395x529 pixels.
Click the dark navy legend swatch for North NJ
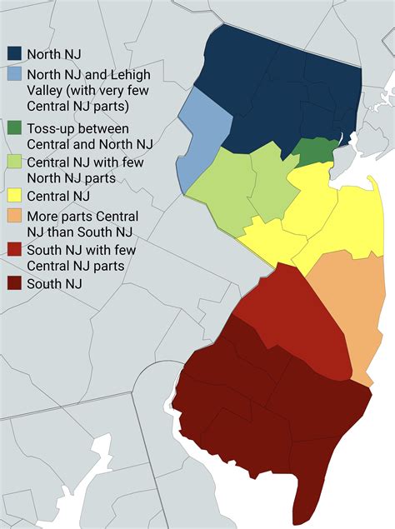(13, 54)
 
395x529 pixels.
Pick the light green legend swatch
(13, 162)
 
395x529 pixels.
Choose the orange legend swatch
(13, 217)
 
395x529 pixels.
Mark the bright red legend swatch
(13, 250)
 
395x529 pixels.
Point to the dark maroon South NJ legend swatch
(13, 284)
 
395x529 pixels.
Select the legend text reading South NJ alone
(54, 284)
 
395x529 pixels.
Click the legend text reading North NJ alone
(54, 54)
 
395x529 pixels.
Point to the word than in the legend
(59, 232)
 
